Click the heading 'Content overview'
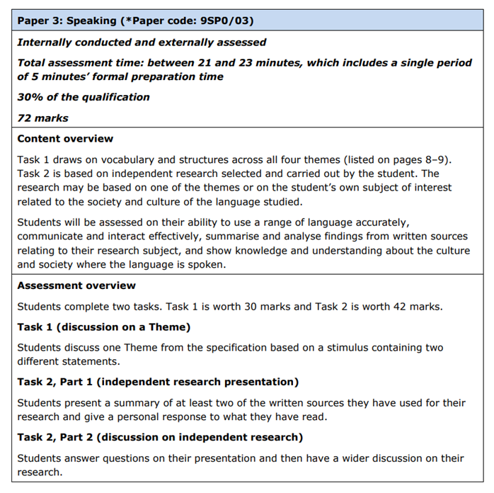coord(65,139)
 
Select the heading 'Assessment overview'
coord(76,285)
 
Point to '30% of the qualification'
coord(84,97)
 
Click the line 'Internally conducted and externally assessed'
coord(142,42)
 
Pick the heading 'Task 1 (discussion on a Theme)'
coord(104,327)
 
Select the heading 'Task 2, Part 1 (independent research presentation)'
coord(158,382)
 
